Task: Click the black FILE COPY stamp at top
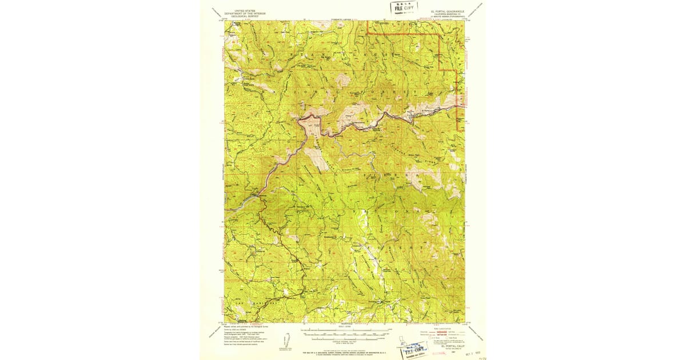(404, 8)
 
